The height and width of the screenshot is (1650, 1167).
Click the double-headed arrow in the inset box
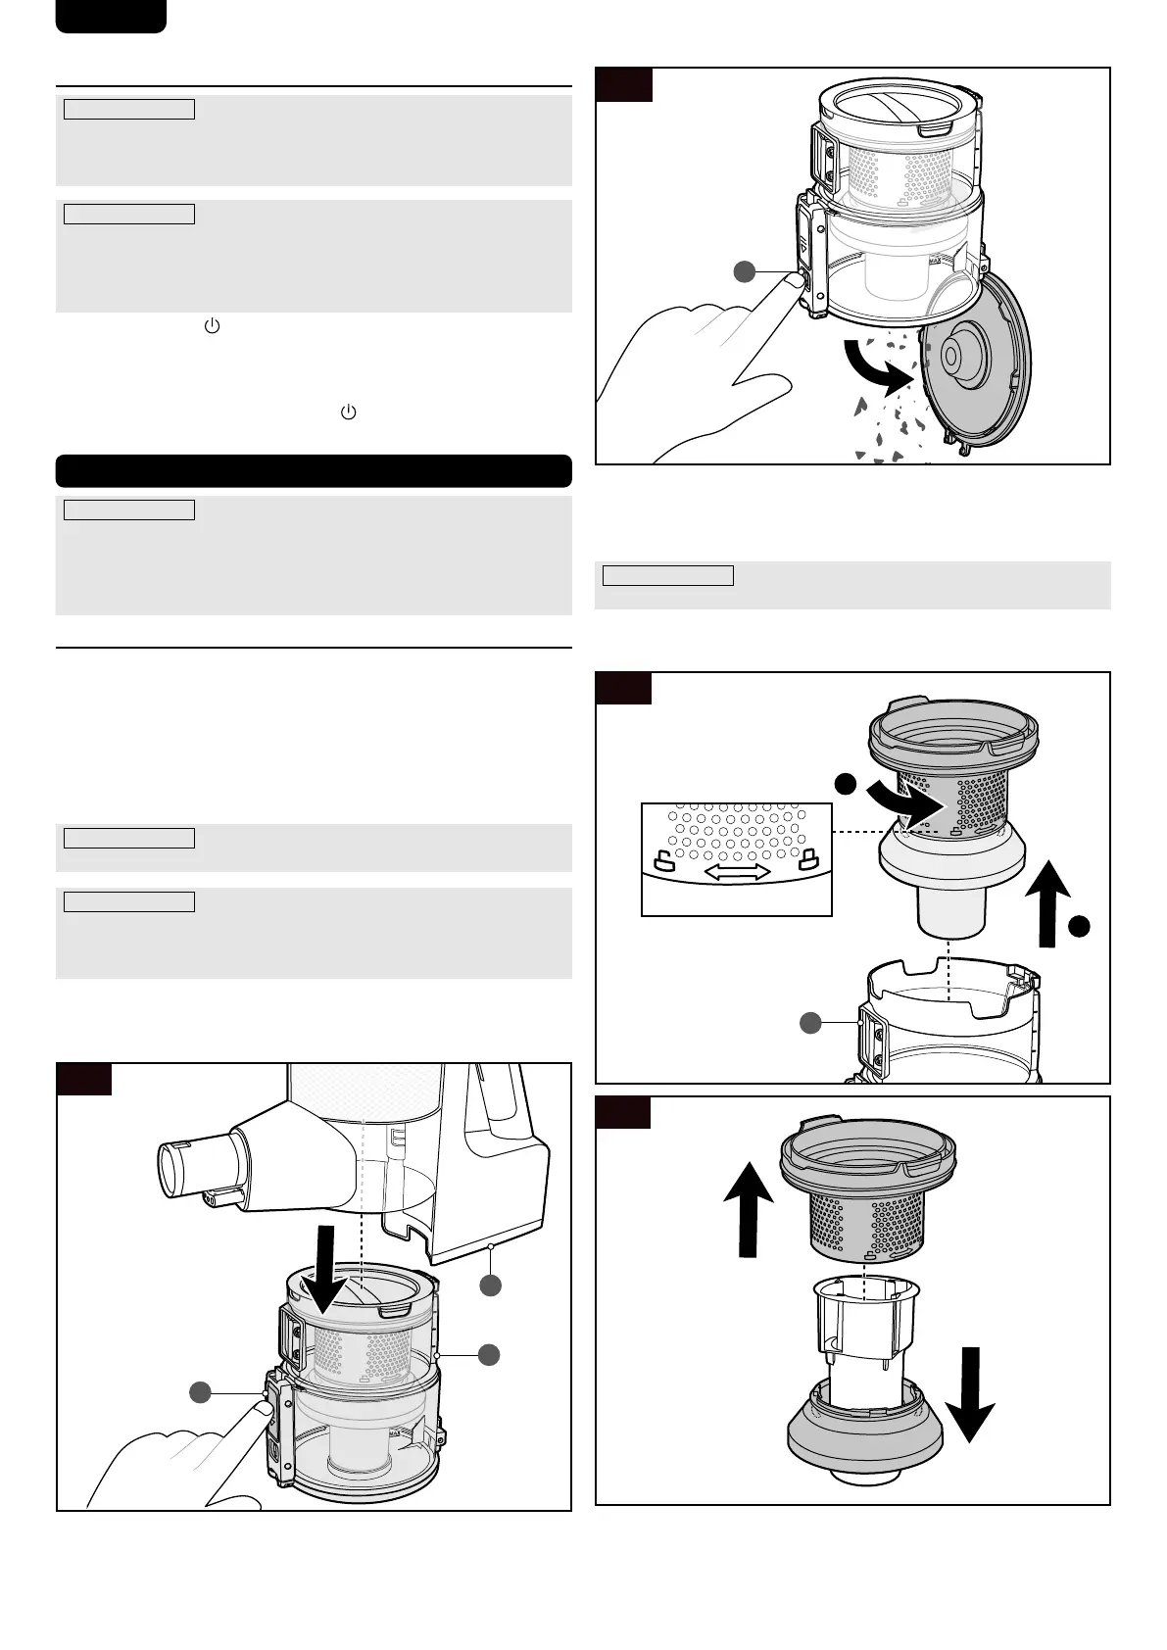[x=738, y=872]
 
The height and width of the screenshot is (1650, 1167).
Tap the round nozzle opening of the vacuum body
[x=181, y=1171]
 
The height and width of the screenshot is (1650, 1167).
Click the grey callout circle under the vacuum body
[x=490, y=1286]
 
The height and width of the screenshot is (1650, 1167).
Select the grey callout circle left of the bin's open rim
[x=809, y=1023]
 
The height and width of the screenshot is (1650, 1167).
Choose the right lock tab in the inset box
[x=809, y=860]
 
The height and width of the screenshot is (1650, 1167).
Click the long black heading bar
[x=314, y=470]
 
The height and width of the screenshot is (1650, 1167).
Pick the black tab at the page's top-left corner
[x=111, y=16]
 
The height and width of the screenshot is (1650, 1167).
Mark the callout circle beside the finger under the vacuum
[x=201, y=1392]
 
